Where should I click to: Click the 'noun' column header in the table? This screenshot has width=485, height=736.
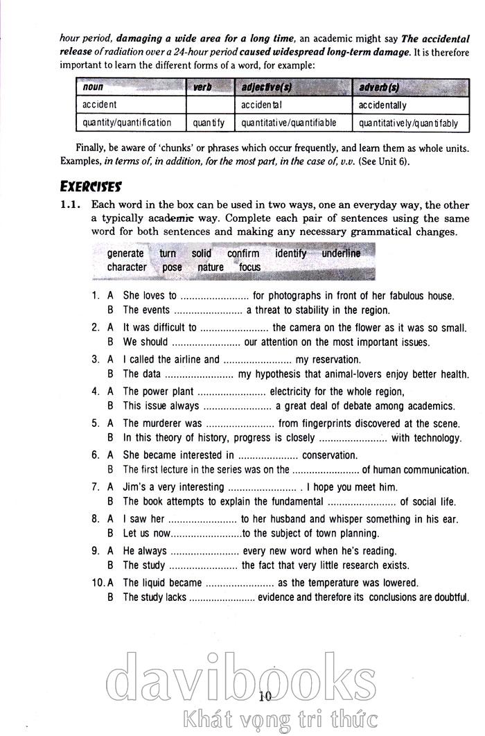pyautogui.click(x=93, y=88)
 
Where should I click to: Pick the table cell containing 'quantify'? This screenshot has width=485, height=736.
pyautogui.click(x=209, y=123)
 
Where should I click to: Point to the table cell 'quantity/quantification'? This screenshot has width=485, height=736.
pyautogui.click(x=127, y=123)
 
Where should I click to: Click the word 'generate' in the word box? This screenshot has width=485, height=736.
pyautogui.click(x=125, y=254)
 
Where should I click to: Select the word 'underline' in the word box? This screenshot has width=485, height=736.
pyautogui.click(x=341, y=254)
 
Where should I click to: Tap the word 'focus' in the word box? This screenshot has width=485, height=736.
pyautogui.click(x=249, y=267)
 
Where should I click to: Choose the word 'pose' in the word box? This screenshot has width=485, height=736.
pyautogui.click(x=172, y=267)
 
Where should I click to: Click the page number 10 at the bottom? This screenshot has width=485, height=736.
pyautogui.click(x=265, y=697)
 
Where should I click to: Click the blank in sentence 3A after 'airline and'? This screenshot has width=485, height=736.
pyautogui.click(x=257, y=360)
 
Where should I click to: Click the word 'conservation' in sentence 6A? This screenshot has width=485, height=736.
pyautogui.click(x=330, y=455)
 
